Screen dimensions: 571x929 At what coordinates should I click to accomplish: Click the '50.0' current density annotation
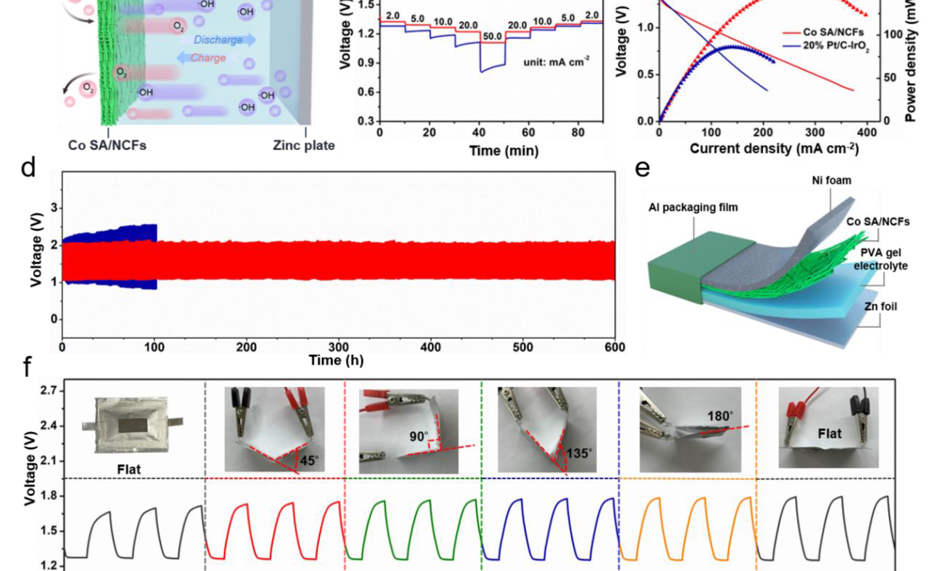[x=492, y=37]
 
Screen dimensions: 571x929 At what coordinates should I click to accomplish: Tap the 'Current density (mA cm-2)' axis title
[x=775, y=148]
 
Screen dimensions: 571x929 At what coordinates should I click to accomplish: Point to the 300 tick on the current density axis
[x=815, y=133]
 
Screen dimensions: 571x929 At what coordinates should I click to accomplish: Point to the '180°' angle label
[x=720, y=416]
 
